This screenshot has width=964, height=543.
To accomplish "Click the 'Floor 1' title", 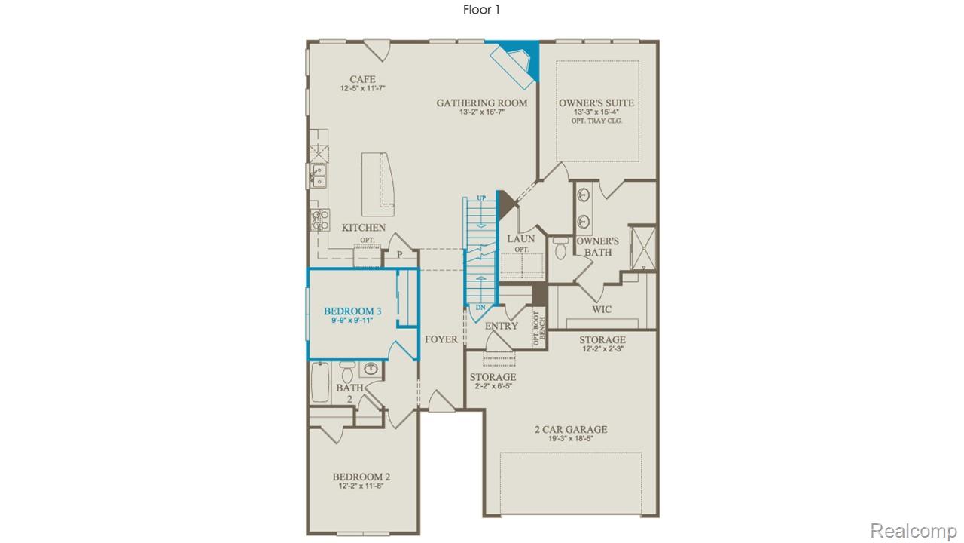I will (x=481, y=10).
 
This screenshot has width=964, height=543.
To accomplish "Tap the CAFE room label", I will (x=362, y=79).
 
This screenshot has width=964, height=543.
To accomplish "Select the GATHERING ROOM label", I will (x=482, y=103).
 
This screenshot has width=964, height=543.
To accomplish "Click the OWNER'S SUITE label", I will (x=596, y=103).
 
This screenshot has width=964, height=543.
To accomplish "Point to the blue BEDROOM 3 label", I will (x=352, y=311).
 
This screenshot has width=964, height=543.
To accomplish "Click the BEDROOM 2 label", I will (x=361, y=477).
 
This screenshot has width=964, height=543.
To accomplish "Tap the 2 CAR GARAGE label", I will (x=570, y=430).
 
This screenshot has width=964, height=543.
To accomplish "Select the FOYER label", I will (x=441, y=339).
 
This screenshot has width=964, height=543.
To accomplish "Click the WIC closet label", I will (x=601, y=309).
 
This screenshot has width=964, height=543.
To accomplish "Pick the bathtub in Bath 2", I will (x=320, y=382).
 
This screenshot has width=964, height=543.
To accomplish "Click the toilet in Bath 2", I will (x=347, y=373).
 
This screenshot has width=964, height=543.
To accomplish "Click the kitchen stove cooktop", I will (x=319, y=219).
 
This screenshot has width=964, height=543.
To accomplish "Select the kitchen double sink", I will (x=318, y=176).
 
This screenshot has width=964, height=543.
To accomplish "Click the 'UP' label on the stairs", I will (x=481, y=198).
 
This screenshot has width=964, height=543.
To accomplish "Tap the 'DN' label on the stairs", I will (x=480, y=308).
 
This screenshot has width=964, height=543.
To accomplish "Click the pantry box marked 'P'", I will (x=399, y=256).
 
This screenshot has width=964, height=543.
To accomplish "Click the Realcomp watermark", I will (x=914, y=531).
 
